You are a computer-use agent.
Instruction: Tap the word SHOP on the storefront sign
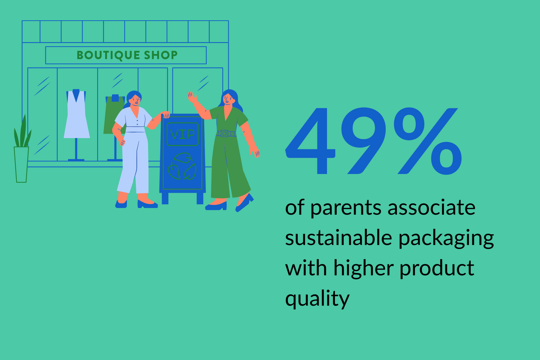click(161, 55)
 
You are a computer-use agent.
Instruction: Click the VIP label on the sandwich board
click(182, 134)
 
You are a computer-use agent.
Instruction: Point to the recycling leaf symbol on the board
click(182, 166)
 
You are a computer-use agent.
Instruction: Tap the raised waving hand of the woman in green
click(192, 97)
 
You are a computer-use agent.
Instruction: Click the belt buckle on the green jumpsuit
click(224, 133)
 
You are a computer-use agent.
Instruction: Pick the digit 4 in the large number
click(310, 141)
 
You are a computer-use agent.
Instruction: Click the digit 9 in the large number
click(364, 141)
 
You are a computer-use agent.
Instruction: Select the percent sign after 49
click(428, 141)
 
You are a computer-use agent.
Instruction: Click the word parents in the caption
click(346, 208)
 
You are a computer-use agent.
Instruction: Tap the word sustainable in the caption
click(338, 238)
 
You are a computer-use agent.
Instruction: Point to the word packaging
click(446, 239)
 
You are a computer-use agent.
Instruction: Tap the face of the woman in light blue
click(135, 100)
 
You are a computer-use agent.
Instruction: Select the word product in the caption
click(437, 269)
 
